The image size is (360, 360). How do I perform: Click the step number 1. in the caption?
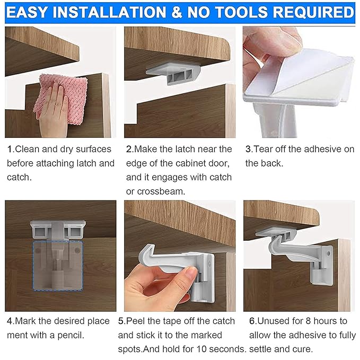(11, 150)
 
